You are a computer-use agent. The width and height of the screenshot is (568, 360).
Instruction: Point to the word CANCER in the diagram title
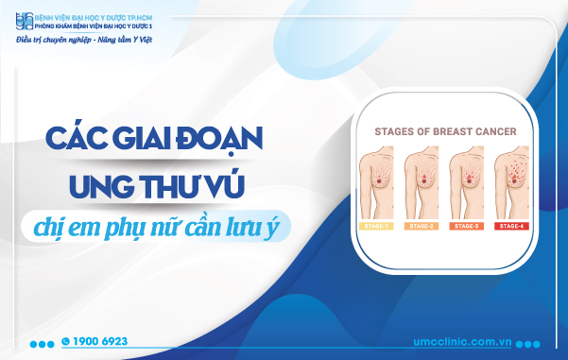click(497, 131)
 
